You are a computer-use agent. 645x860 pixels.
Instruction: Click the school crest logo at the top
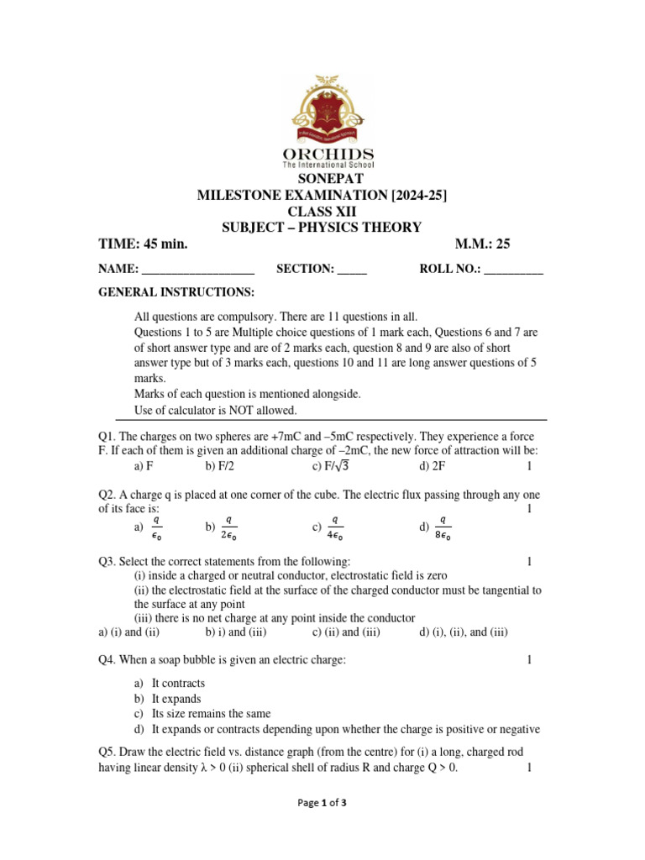(322, 109)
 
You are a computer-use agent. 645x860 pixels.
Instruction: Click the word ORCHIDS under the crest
(322, 155)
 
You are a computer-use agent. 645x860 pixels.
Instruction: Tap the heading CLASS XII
(322, 212)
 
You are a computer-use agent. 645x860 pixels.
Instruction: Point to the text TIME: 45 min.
(143, 244)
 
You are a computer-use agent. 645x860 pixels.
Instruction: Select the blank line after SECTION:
(352, 270)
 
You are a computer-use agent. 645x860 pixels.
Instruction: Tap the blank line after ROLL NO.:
(514, 270)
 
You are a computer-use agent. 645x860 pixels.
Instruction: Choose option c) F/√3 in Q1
(336, 466)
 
